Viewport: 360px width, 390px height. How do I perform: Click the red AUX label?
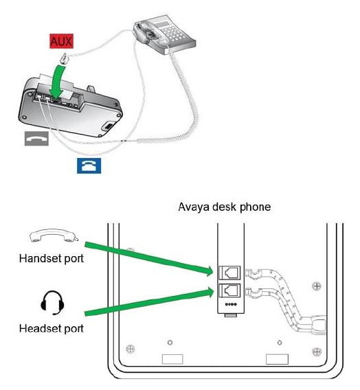click(61, 41)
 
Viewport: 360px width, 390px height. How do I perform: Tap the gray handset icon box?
click(36, 139)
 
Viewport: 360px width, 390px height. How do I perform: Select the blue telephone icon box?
click(89, 165)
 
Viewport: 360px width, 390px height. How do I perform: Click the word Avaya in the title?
click(194, 207)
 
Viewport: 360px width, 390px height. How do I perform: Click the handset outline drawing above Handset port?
click(54, 235)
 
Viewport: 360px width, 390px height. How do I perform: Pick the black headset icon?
click(52, 303)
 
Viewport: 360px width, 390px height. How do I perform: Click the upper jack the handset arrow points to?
click(229, 273)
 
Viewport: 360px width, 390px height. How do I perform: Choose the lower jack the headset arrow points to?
click(229, 290)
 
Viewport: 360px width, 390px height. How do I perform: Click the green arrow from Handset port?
click(149, 259)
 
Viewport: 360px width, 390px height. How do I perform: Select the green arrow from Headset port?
click(149, 301)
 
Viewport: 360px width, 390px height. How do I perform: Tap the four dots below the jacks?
click(231, 304)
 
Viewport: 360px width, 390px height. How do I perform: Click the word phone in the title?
click(255, 207)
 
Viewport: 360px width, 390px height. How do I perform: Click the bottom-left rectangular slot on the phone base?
click(172, 359)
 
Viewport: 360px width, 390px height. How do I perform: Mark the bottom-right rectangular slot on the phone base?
click(277, 359)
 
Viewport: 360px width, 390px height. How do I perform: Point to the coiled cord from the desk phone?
click(189, 100)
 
